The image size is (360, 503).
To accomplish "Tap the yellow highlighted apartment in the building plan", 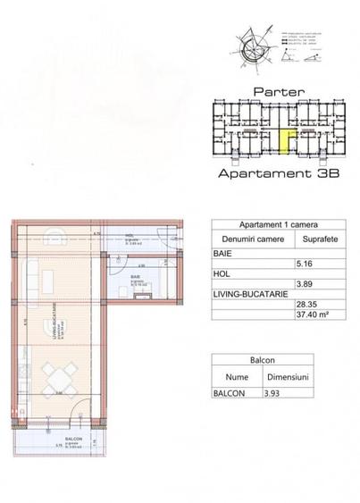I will [287, 141].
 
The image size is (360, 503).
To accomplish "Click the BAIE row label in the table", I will [222, 253].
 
